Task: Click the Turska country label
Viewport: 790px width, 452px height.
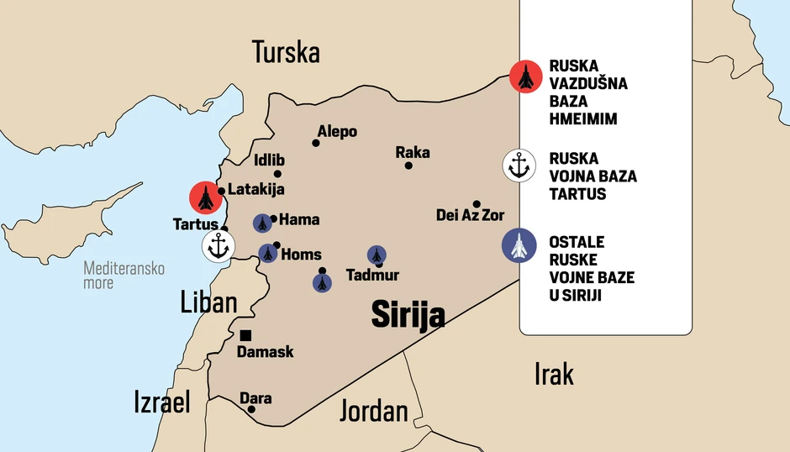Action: (286, 53)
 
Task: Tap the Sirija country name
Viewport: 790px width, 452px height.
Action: (408, 316)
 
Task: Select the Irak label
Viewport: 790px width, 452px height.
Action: (554, 374)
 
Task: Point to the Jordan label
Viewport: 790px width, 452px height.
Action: (373, 411)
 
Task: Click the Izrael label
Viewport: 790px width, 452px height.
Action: (162, 402)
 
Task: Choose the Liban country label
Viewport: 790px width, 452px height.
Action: (208, 302)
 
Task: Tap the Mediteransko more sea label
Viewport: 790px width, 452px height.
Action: (124, 276)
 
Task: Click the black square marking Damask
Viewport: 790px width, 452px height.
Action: (245, 335)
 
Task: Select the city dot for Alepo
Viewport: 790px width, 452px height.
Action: (316, 143)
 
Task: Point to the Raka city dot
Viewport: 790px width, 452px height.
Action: (408, 166)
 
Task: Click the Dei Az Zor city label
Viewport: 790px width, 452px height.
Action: (471, 216)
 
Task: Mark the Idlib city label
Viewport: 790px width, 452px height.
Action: (269, 160)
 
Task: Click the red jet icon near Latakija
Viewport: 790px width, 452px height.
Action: (204, 197)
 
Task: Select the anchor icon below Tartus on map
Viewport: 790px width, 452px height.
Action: (219, 246)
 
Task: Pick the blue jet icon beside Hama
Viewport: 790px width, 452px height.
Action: (263, 223)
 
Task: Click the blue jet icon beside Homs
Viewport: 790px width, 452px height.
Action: (268, 253)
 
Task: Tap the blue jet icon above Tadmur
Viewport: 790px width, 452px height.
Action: (377, 255)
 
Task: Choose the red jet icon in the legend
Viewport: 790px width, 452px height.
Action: (525, 76)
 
